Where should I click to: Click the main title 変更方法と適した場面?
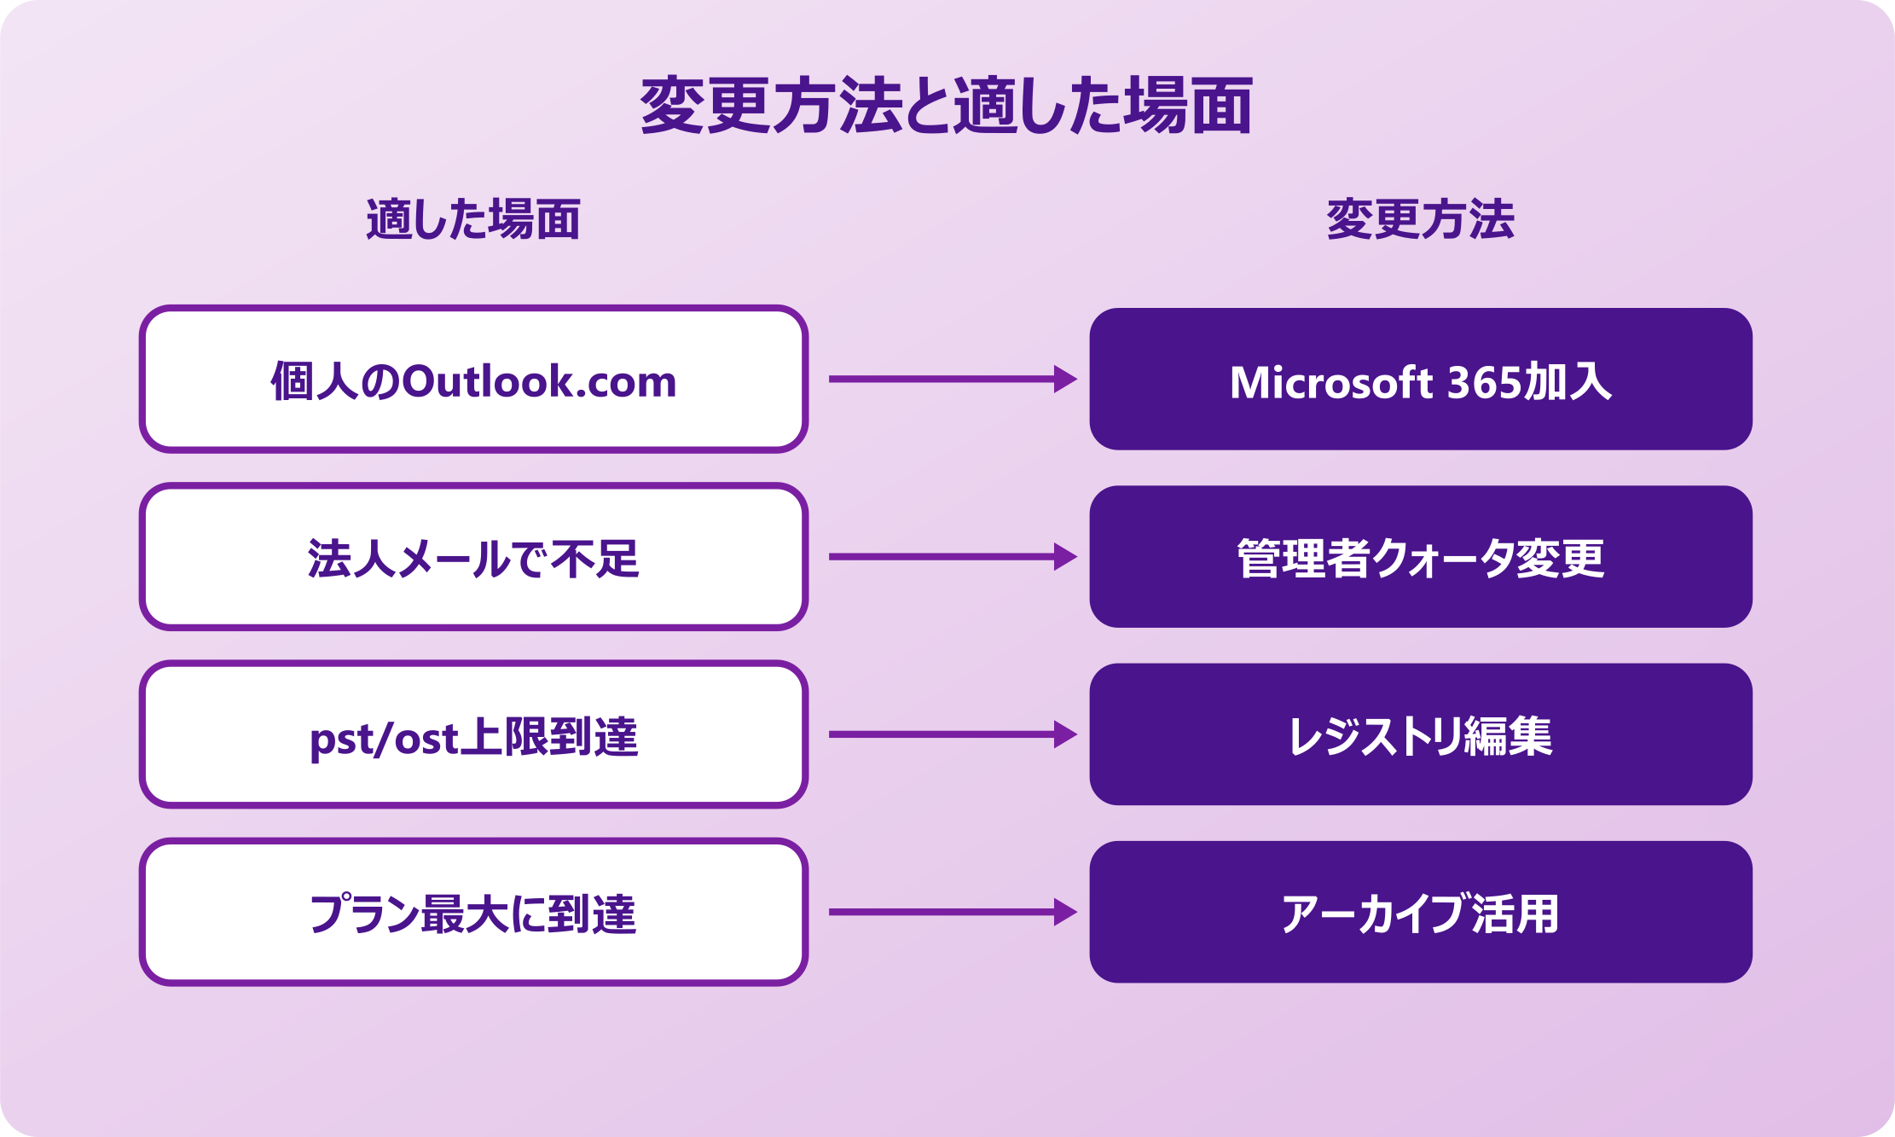(x=947, y=106)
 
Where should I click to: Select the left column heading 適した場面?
(x=473, y=219)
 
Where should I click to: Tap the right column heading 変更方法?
(x=1420, y=219)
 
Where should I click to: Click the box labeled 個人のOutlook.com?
(x=473, y=379)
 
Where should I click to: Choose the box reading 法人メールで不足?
(x=473, y=557)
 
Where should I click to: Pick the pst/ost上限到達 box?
(x=473, y=734)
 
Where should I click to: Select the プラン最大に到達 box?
(x=473, y=912)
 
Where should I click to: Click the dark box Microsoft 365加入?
(x=1420, y=379)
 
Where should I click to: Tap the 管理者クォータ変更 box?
(x=1420, y=557)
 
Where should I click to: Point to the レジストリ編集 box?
(x=1420, y=734)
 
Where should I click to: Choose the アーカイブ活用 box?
(x=1420, y=912)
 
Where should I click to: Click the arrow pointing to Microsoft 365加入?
(x=951, y=379)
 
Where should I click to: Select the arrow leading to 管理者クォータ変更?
(x=951, y=557)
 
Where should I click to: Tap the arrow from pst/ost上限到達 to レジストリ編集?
(x=951, y=734)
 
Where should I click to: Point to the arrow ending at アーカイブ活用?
(x=951, y=912)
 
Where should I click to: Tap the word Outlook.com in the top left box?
(x=539, y=381)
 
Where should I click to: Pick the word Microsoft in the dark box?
(x=1330, y=382)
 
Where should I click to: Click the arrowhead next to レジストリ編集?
(x=1064, y=734)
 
